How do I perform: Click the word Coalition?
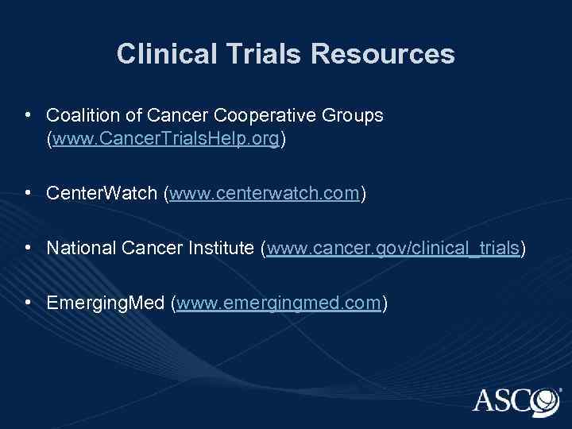(x=79, y=116)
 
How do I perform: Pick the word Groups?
(x=355, y=116)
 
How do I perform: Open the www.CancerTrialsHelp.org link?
(x=166, y=140)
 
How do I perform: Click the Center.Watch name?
(x=102, y=193)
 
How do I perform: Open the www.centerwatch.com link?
(x=265, y=193)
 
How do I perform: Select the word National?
(x=79, y=249)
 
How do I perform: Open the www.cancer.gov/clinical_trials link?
(x=392, y=249)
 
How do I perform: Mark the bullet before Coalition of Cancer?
(x=28, y=116)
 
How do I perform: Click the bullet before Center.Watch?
(x=28, y=193)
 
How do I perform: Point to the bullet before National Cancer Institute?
(x=28, y=249)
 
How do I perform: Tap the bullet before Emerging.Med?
(x=28, y=303)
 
